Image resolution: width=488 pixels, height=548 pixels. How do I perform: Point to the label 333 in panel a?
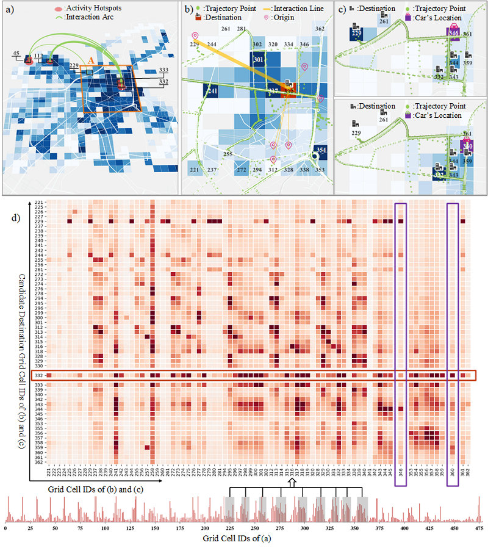coord(146,70)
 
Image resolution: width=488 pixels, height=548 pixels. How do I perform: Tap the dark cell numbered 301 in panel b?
coord(258,60)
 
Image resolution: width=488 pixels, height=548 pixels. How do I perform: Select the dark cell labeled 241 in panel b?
coord(212,92)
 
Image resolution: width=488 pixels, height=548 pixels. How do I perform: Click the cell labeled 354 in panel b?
coord(321,150)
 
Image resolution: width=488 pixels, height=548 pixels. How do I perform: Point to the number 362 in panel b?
coord(320,29)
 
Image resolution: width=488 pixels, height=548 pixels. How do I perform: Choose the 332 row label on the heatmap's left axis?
coord(38,375)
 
